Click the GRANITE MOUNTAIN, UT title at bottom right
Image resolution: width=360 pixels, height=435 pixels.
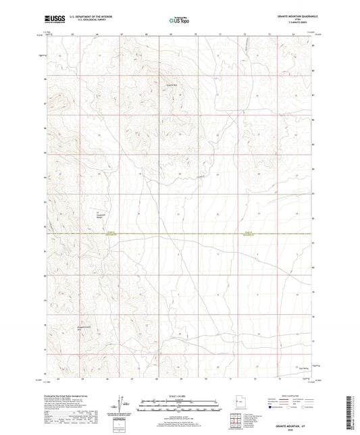click(x=297, y=423)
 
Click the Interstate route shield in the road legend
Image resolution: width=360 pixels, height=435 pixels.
click(x=272, y=407)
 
